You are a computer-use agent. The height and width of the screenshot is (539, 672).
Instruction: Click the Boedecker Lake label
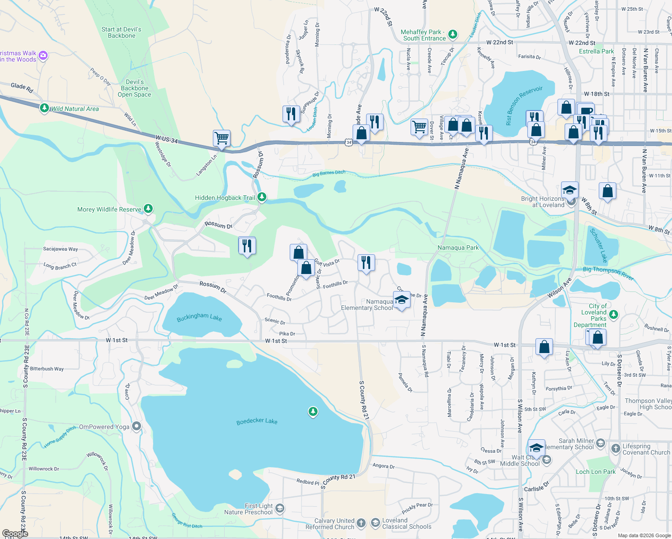click(257, 421)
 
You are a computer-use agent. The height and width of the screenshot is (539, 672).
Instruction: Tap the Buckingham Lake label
click(199, 318)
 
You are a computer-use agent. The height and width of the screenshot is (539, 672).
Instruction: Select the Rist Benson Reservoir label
click(524, 106)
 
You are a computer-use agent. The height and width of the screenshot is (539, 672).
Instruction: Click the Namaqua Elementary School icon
click(402, 300)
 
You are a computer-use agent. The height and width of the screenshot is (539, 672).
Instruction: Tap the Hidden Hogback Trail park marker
click(262, 197)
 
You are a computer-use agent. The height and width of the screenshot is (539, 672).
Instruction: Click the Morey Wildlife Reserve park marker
click(148, 209)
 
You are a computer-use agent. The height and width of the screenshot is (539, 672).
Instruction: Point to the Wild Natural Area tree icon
click(44, 108)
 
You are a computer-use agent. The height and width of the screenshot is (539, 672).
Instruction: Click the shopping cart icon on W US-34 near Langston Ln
click(221, 138)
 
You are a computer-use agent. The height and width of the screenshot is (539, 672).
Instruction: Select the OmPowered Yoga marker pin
click(137, 427)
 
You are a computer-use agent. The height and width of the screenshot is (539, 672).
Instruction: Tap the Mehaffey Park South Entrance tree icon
click(453, 35)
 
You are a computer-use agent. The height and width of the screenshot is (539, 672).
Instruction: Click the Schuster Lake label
click(598, 245)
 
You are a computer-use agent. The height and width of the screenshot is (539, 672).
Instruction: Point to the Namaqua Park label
click(458, 247)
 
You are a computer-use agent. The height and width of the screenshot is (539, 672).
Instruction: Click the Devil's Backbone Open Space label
click(134, 88)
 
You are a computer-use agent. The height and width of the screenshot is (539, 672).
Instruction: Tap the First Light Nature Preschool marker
click(279, 508)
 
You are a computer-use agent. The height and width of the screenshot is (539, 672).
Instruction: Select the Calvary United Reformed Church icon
click(361, 523)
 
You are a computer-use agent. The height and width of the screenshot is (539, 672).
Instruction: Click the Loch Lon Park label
click(596, 472)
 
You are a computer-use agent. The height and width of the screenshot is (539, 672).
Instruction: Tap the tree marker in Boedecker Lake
click(313, 411)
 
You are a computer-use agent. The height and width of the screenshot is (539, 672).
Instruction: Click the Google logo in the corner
click(15, 534)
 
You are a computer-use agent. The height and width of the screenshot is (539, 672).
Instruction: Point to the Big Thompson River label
click(608, 273)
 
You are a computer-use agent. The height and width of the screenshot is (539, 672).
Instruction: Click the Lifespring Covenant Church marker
click(614, 446)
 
